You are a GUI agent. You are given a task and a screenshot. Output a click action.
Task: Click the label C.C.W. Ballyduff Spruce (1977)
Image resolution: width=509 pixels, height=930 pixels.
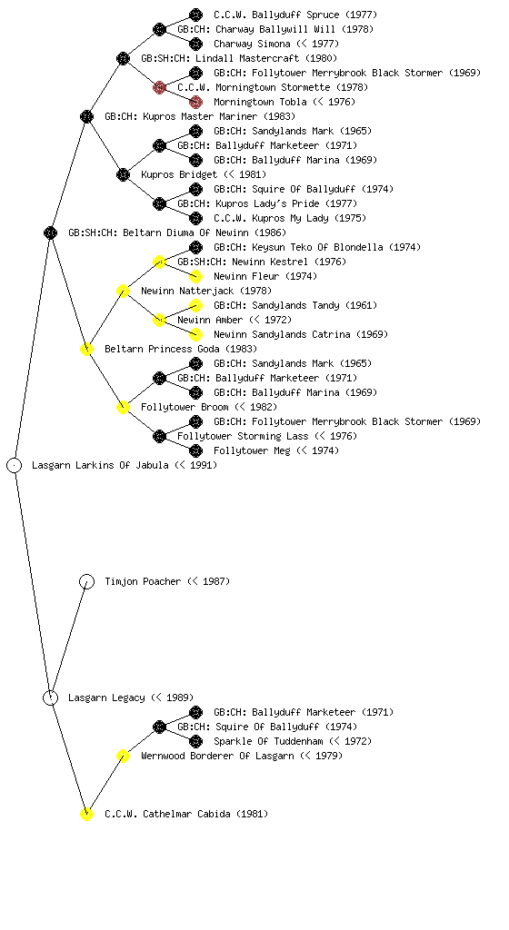pos(295,15)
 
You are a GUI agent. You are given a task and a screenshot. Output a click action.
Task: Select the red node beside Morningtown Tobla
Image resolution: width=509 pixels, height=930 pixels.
pos(195,102)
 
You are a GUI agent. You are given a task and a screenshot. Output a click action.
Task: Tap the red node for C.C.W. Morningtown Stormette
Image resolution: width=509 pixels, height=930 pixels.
pos(159,88)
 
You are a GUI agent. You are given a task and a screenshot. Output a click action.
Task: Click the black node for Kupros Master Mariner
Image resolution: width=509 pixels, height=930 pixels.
pos(86,116)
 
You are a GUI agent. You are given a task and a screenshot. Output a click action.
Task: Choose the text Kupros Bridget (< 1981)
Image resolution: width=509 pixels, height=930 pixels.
pos(204,174)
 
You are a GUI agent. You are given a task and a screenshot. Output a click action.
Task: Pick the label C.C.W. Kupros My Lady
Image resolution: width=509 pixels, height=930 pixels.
pos(271,218)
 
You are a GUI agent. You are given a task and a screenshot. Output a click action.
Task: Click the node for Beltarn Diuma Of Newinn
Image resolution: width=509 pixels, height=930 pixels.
pos(50,233)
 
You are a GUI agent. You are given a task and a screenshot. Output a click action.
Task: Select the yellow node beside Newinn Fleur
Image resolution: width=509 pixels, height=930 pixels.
pos(195,276)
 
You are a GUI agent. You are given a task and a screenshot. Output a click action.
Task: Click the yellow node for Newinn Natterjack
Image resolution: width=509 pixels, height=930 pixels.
pos(123,292)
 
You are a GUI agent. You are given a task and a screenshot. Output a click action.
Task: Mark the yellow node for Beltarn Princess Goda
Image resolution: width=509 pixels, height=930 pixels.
pos(86,350)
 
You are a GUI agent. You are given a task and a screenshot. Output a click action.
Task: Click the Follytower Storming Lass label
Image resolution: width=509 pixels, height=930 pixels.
pos(243,436)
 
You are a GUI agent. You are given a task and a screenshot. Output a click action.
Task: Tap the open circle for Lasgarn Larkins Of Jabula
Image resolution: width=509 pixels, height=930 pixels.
pos(15,466)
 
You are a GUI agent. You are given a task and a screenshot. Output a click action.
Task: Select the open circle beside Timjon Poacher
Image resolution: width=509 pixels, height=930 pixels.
pos(86,582)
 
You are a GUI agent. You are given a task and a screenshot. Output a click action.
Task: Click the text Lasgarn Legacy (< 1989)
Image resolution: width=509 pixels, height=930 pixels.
pos(131,698)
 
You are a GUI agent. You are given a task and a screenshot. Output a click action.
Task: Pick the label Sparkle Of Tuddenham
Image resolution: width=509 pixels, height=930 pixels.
pos(268,741)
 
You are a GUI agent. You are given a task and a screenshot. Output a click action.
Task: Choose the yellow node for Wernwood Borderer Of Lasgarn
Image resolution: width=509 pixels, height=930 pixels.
pos(123,757)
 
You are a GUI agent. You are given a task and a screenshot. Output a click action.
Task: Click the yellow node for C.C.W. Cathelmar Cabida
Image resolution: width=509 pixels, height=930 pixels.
pos(86,815)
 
